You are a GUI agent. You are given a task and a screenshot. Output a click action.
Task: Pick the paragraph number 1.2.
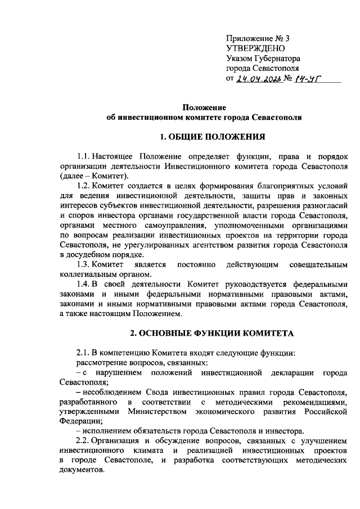[x=83, y=186]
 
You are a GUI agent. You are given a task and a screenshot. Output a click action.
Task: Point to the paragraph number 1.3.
[x=83, y=264]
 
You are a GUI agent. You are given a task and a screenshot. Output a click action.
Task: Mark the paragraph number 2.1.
[x=83, y=353]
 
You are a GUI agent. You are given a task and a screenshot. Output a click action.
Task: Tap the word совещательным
[x=317, y=264]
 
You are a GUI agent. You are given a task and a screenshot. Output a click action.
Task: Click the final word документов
[x=80, y=470]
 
